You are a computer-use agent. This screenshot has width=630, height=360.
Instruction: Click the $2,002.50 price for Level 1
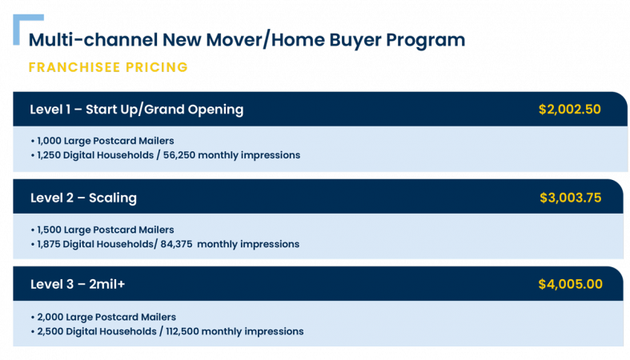pyautogui.click(x=570, y=110)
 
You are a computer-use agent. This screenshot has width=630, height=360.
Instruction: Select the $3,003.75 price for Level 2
pyautogui.click(x=571, y=198)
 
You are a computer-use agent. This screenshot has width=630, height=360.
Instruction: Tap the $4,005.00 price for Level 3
pyautogui.click(x=571, y=284)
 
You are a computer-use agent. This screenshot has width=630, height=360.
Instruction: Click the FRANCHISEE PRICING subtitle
pyautogui.click(x=108, y=67)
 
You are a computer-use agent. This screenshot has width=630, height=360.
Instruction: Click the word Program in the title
pyautogui.click(x=426, y=41)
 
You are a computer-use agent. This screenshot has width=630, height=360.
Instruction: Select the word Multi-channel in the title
pyautogui.click(x=93, y=40)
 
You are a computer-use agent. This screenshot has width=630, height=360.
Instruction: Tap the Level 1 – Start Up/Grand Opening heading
pyautogui.click(x=137, y=110)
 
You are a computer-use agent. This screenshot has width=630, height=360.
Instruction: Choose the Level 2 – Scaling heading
pyautogui.click(x=83, y=198)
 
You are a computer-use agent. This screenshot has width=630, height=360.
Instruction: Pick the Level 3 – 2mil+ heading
pyautogui.click(x=78, y=284)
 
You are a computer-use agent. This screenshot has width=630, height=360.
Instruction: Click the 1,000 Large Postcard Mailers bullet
pyautogui.click(x=102, y=141)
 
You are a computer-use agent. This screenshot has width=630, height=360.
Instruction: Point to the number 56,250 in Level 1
pyautogui.click(x=179, y=155)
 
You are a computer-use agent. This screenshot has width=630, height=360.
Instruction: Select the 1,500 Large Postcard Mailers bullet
pyautogui.click(x=102, y=230)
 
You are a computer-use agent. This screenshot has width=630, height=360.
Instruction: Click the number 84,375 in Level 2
pyautogui.click(x=176, y=244)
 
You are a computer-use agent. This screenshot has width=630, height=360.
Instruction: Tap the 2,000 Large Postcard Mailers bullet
pyautogui.click(x=103, y=317)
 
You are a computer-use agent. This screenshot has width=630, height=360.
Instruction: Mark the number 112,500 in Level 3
pyautogui.click(x=182, y=331)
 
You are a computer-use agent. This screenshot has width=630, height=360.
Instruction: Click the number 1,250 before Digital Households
pyautogui.click(x=49, y=155)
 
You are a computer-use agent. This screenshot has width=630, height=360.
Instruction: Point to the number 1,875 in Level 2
pyautogui.click(x=49, y=244)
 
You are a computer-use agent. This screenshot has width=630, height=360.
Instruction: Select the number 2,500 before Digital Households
pyautogui.click(x=50, y=331)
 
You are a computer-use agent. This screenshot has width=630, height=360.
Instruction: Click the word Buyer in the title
pyautogui.click(x=355, y=41)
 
